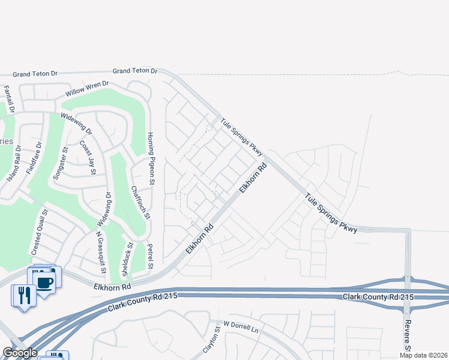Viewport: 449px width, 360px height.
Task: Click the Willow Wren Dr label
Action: pos(87,89)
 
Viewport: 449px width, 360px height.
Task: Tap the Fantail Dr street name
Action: pos(8,100)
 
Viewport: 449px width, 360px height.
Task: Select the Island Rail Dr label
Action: pos(14,164)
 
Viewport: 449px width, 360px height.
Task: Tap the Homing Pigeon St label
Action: pos(151,158)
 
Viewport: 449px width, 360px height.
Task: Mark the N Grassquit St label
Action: pos(100,253)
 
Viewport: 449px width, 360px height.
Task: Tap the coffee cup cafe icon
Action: pos(45,281)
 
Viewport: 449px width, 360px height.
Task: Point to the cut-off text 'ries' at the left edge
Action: pos(6,141)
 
